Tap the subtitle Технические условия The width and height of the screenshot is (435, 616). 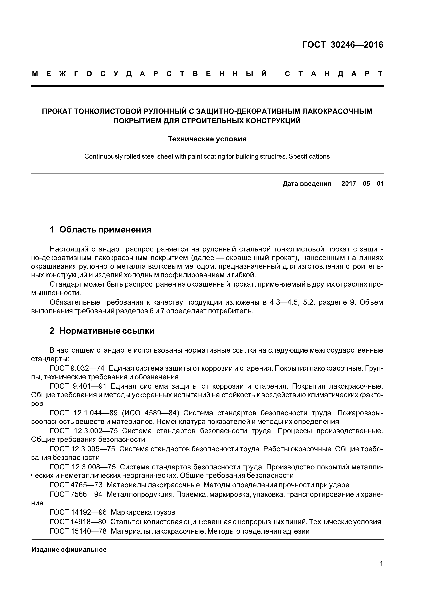click(x=207, y=139)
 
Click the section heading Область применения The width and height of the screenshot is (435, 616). click(x=105, y=230)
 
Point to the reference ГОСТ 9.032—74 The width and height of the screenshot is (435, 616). click(x=77, y=368)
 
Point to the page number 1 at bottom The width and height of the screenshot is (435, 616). click(x=381, y=563)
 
